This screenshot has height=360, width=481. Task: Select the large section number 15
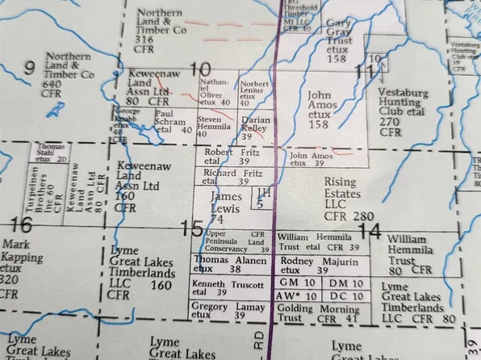[x=191, y=228]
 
